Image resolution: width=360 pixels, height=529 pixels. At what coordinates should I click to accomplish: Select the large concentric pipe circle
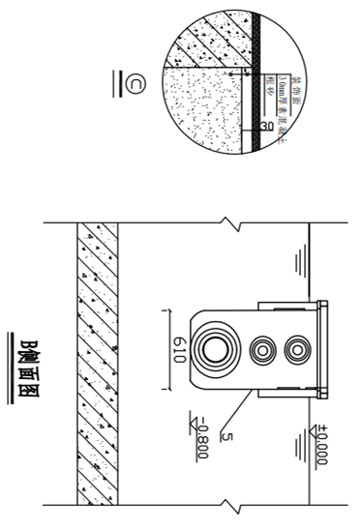(212, 347)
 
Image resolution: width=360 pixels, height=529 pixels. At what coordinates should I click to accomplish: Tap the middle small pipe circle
(260, 347)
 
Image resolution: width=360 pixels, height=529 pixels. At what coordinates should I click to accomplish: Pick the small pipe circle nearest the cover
(288, 347)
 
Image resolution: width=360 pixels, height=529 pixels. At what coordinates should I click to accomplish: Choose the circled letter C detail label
(128, 85)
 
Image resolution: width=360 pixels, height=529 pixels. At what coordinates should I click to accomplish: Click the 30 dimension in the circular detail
(264, 125)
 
